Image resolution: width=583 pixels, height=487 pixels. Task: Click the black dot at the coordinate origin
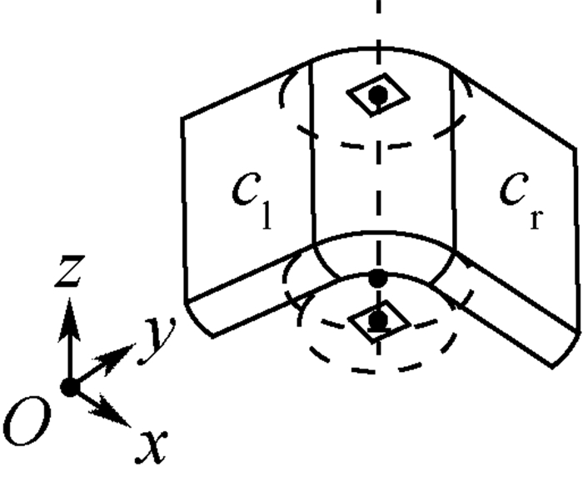tap(70, 387)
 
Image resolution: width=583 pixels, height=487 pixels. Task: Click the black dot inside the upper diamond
tap(378, 95)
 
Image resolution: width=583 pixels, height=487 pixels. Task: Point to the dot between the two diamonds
tap(378, 277)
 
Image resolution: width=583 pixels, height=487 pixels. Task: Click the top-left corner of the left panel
tap(183, 118)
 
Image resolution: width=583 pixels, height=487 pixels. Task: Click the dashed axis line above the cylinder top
tap(378, 25)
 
